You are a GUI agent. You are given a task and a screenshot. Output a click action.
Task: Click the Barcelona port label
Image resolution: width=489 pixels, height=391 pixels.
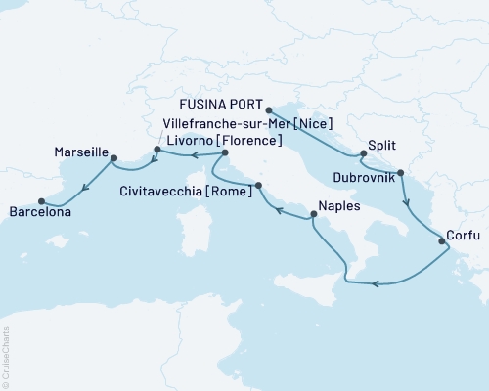45,211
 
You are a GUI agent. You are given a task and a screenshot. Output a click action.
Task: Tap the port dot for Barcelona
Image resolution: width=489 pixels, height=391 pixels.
41,202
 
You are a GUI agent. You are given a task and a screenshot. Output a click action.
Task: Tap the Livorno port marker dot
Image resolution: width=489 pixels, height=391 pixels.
225,152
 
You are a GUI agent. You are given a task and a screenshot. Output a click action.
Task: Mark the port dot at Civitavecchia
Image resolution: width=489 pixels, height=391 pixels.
258,185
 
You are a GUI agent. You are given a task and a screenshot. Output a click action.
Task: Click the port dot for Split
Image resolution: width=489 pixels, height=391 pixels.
363,152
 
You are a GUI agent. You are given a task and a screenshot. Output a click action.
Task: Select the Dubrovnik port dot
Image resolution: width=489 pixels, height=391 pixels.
400,173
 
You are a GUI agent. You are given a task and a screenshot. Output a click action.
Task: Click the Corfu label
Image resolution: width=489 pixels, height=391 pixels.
463,234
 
